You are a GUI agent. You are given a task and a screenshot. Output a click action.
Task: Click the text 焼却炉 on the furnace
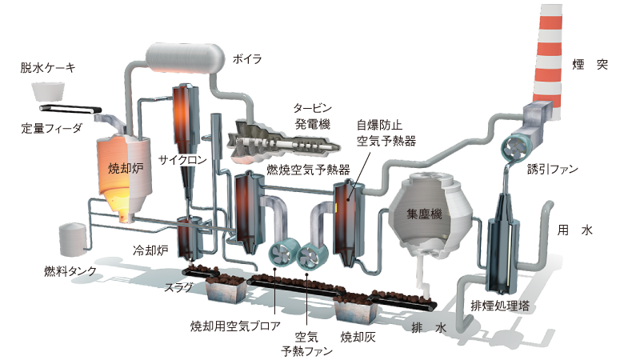click(x=124, y=169)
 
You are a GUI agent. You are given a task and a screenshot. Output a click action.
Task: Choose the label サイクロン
click(x=183, y=159)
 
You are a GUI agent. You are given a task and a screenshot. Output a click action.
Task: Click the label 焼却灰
click(x=358, y=336)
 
